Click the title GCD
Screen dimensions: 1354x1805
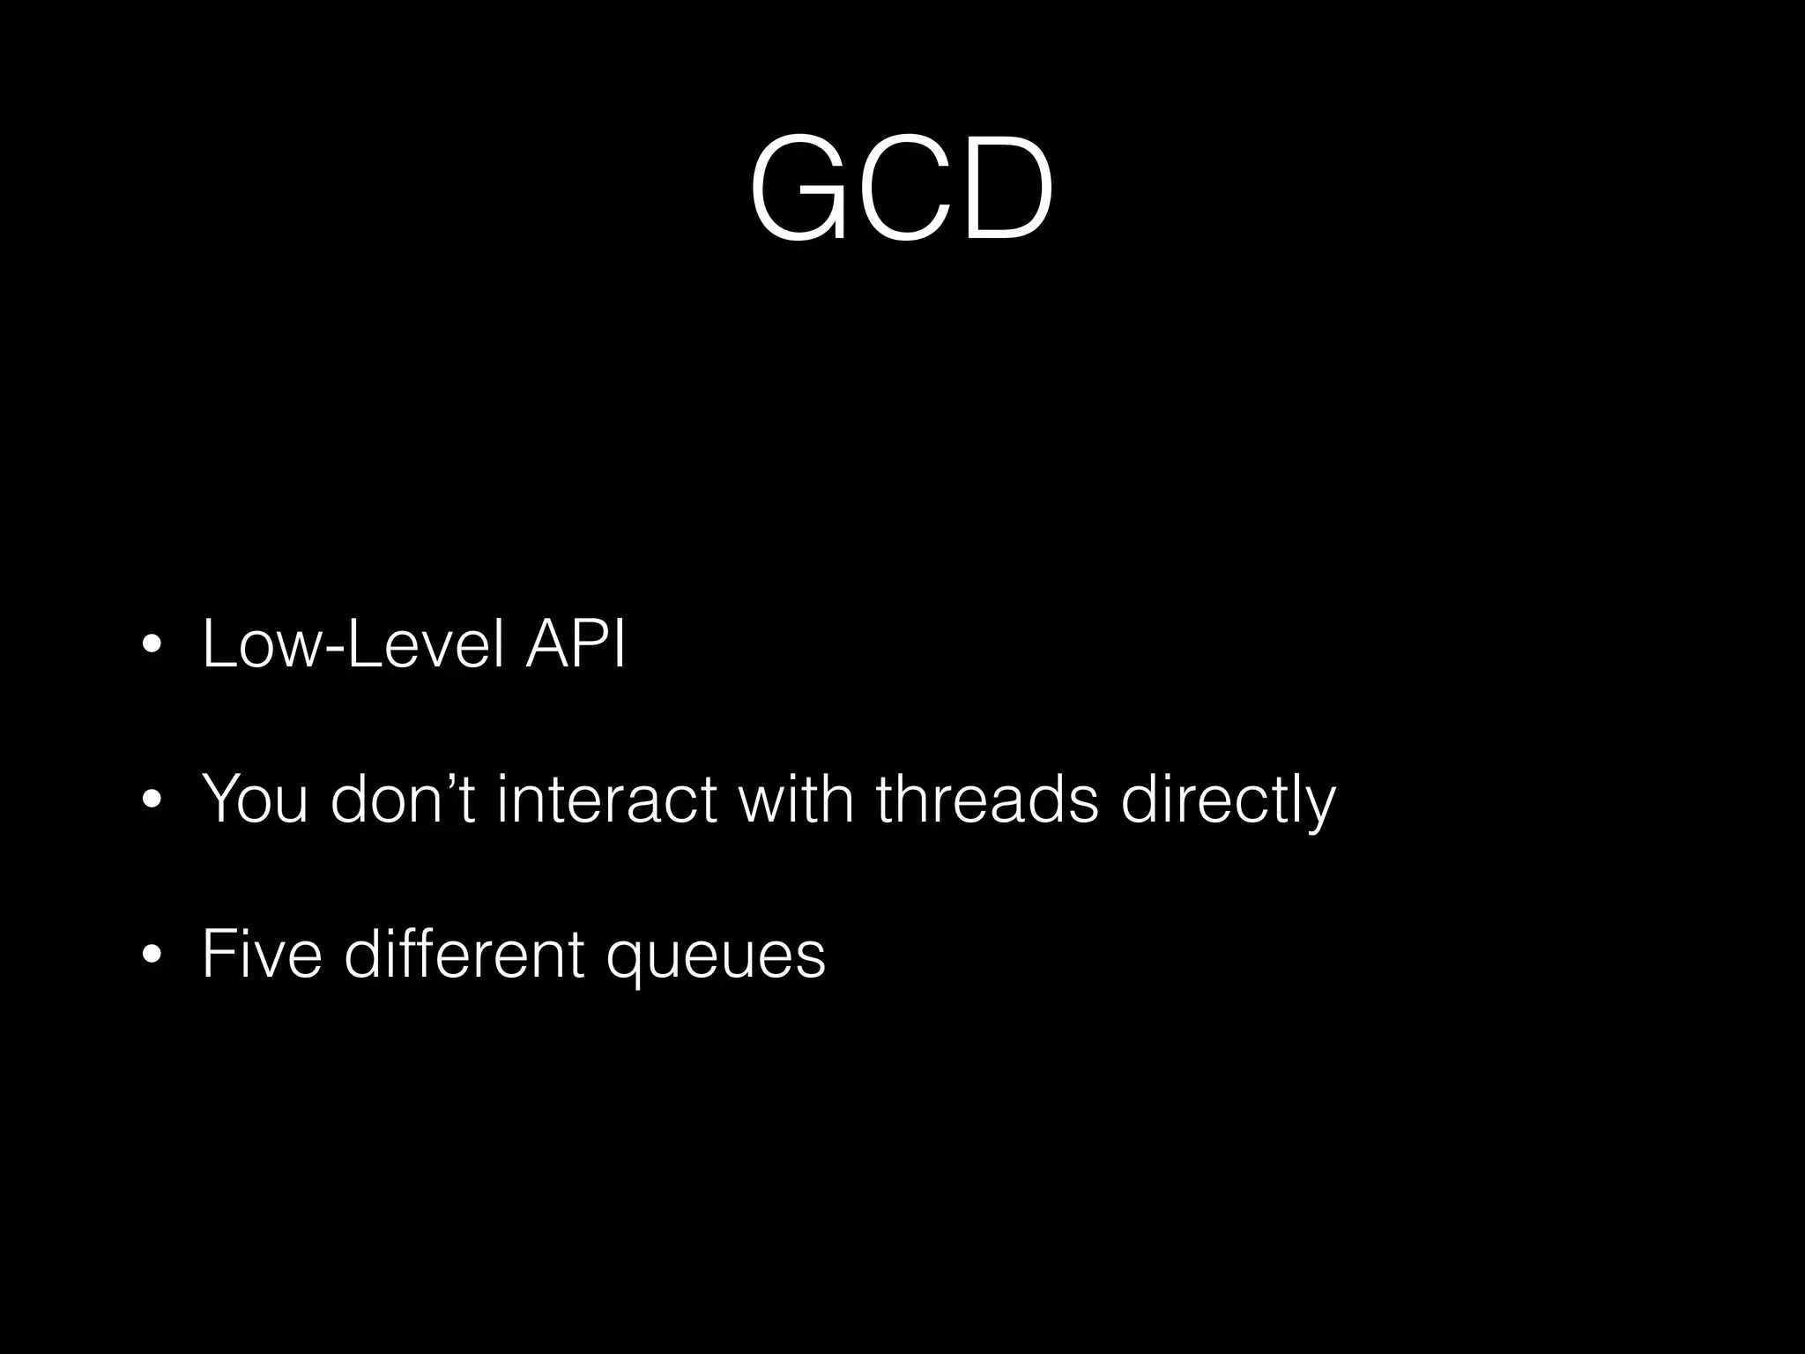click(x=901, y=190)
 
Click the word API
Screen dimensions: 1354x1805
click(x=575, y=644)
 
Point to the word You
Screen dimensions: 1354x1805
click(x=255, y=800)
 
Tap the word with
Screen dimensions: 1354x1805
click(x=796, y=800)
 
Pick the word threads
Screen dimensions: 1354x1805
click(x=987, y=800)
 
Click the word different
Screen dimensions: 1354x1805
click(x=464, y=955)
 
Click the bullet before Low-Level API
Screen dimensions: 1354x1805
click(x=152, y=646)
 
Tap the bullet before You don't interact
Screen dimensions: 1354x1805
click(x=152, y=801)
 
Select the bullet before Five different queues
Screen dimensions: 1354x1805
click(x=152, y=956)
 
